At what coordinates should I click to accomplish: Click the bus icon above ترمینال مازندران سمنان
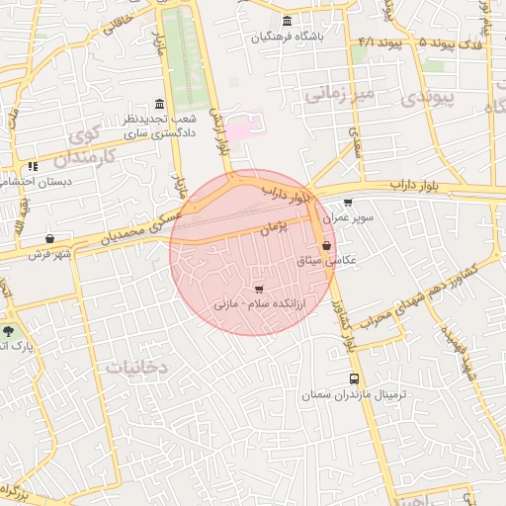354,379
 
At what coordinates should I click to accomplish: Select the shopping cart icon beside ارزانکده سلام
259,290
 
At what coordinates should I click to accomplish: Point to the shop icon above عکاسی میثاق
326,246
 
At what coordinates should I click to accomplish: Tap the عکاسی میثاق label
326,261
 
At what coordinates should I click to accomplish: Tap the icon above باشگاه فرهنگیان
287,22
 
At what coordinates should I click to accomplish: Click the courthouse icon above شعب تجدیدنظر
159,104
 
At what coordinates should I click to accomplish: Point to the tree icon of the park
10,332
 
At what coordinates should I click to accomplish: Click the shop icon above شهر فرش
49,238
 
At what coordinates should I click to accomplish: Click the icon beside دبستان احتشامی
33,167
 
